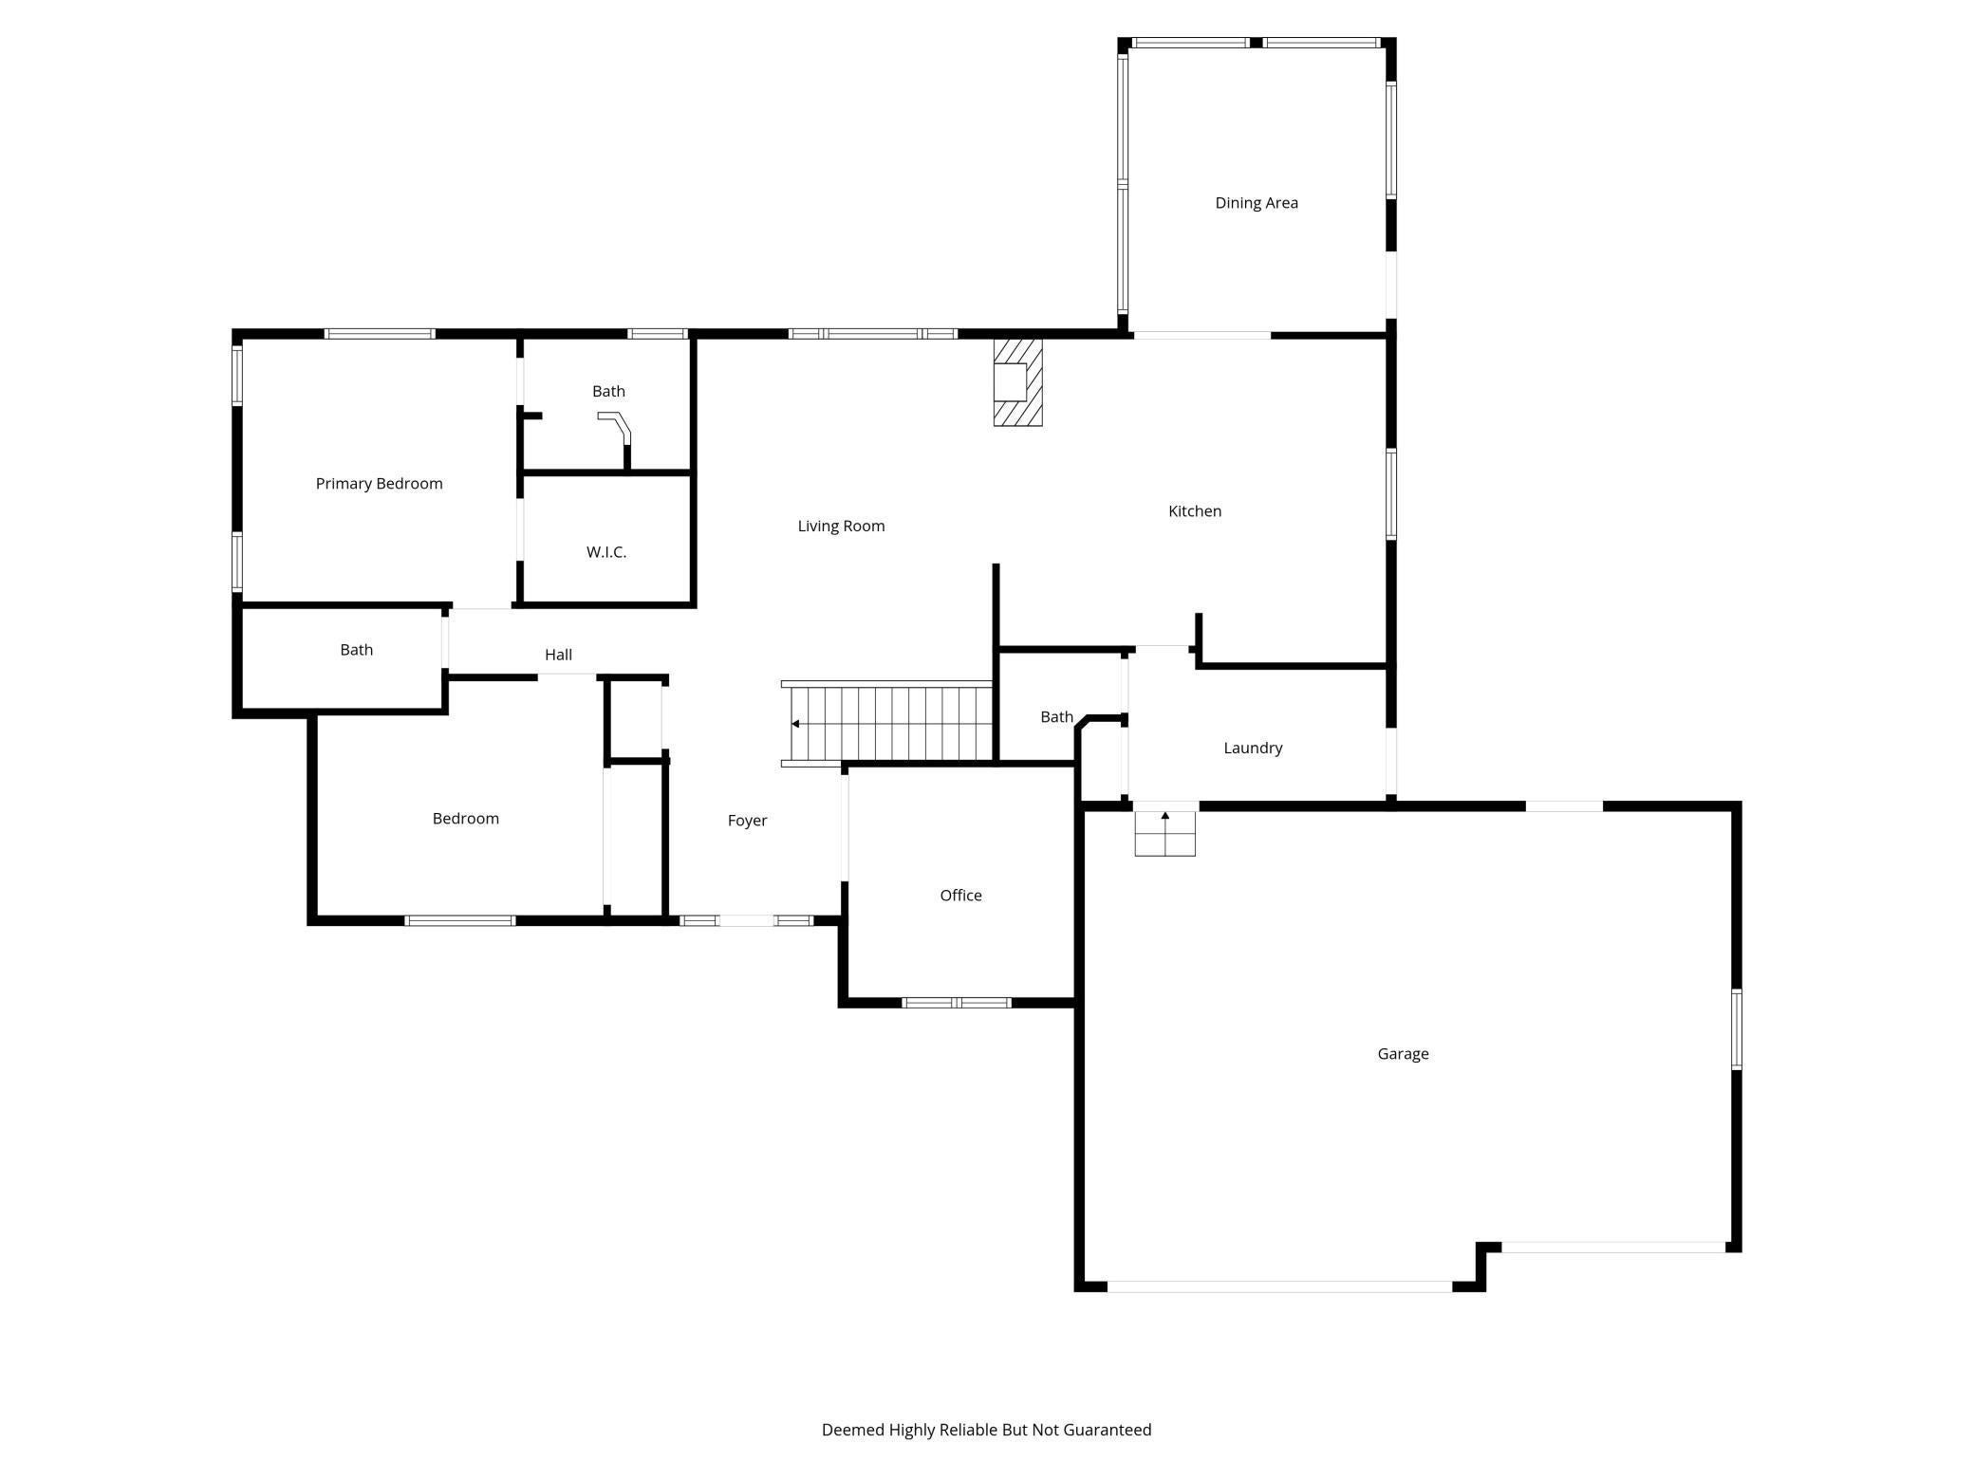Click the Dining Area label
point(1257,203)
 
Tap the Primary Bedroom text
point(379,484)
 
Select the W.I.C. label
point(606,552)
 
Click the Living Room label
point(841,527)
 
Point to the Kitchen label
point(1195,511)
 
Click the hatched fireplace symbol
point(1017,382)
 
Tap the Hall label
point(558,655)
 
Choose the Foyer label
point(747,821)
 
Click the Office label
point(960,896)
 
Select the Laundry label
point(1253,749)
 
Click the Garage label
point(1403,1054)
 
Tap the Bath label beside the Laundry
point(1056,717)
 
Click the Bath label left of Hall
point(357,650)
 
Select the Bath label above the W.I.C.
point(608,391)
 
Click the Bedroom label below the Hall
point(465,819)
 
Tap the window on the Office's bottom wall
point(957,1003)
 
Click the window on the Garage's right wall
point(1737,1029)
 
